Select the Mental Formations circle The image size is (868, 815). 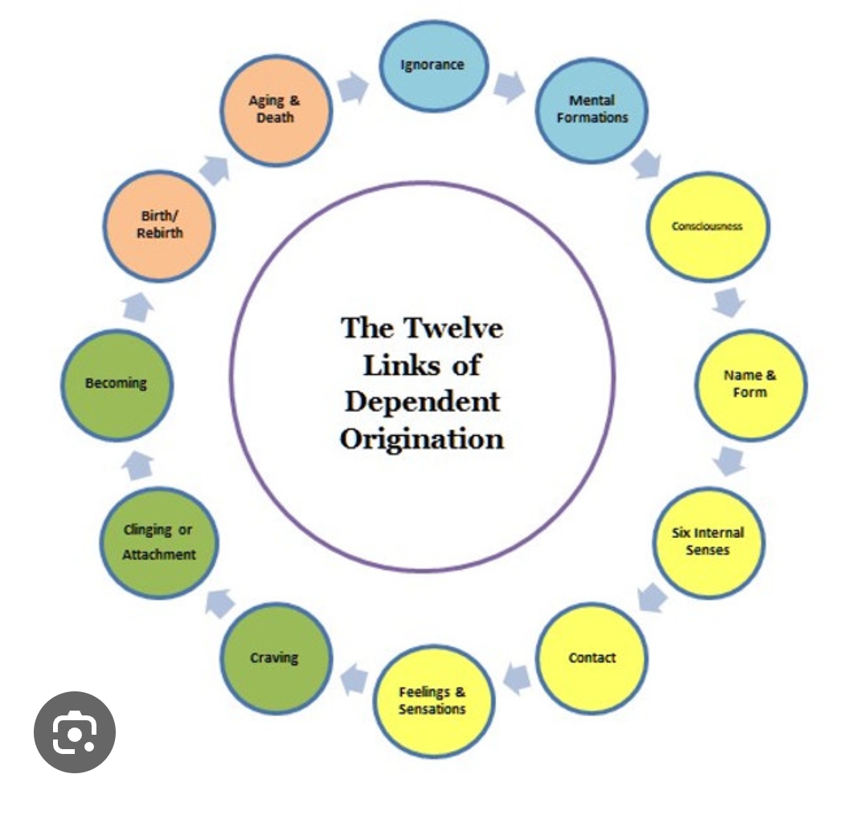(592, 110)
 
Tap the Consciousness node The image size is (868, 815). (707, 226)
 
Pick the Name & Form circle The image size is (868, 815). (750, 385)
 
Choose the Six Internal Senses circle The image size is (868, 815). (708, 542)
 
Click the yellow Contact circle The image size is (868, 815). (592, 658)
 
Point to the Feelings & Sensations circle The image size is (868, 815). (433, 700)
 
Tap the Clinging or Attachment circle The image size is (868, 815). (159, 542)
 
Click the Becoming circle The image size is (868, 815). (117, 385)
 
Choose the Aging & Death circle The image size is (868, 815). (276, 110)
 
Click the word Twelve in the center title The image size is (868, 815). (454, 328)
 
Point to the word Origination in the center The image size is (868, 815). (421, 438)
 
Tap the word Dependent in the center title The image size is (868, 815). (422, 401)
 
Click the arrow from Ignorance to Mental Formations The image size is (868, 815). (509, 86)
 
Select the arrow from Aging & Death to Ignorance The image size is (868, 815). (352, 88)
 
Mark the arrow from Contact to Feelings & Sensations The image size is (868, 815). (518, 679)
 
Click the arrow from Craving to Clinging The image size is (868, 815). (219, 602)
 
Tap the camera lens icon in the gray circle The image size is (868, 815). (75, 732)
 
